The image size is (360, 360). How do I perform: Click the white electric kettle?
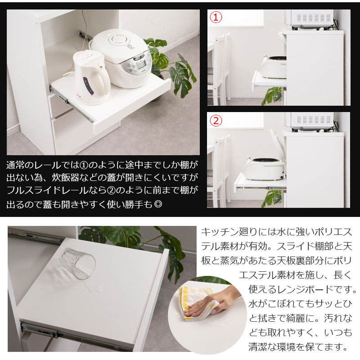tap(91, 77)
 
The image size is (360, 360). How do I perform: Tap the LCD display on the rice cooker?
tap(141, 65)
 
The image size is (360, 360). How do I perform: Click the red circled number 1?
tap(216, 17)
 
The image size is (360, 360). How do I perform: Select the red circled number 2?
tap(216, 121)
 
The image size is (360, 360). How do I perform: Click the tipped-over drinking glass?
tap(77, 263)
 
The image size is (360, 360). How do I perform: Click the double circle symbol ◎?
tap(158, 204)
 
